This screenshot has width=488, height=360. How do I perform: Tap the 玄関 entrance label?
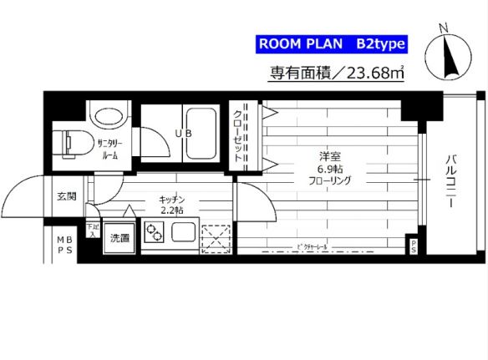(67, 197)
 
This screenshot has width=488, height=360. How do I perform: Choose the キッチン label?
(171, 200)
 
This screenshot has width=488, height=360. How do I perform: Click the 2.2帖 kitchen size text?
(171, 211)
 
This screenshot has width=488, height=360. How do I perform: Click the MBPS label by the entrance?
(64, 244)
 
